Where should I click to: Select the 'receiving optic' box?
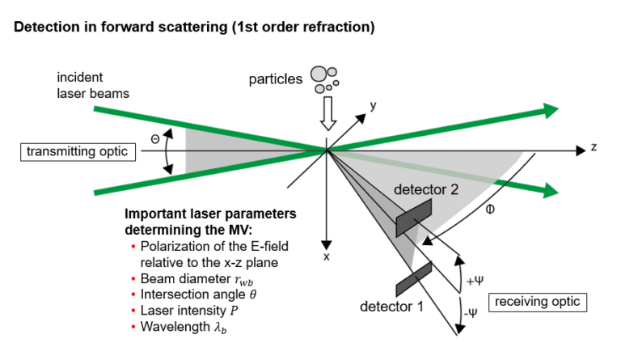tap(539, 302)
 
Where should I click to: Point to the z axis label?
tap(593, 148)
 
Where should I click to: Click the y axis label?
tap(373, 106)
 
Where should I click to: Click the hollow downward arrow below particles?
tap(327, 114)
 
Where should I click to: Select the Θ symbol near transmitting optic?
tap(155, 138)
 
